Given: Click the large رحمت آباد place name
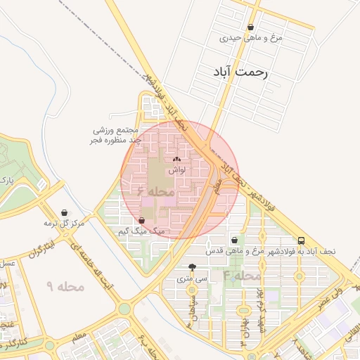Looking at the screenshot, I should coord(240,72).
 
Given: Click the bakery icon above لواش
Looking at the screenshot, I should coord(176,160).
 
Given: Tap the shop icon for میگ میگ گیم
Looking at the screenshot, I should coord(142,220).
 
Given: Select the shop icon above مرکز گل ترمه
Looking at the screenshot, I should coord(65,212).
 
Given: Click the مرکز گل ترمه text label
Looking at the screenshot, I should coord(64,223).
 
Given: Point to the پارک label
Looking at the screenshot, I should coord(7,181).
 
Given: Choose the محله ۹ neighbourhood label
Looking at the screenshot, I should coord(65,286).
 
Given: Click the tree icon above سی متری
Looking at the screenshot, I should coord(193,267).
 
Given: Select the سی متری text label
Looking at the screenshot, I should coord(193,278).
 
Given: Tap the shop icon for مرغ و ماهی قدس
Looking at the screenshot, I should coord(234,240).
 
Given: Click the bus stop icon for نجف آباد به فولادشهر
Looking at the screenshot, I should coord(301,240).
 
